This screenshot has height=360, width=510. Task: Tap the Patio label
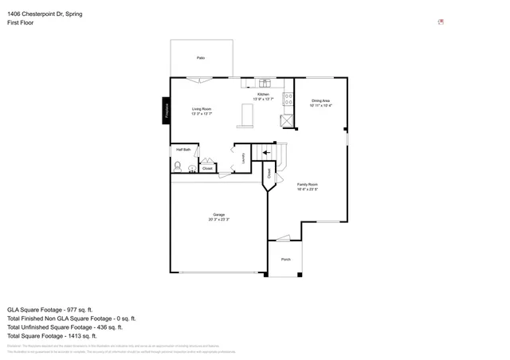tap(201, 58)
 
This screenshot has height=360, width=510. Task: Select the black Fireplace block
tap(167, 111)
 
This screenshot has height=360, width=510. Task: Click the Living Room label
tap(201, 108)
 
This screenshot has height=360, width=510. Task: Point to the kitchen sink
tap(265, 82)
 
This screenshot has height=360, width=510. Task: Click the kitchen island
tap(245, 116)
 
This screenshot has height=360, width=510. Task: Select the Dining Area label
tap(321, 100)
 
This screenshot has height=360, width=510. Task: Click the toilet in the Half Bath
tap(177, 166)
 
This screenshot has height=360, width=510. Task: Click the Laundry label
tap(243, 158)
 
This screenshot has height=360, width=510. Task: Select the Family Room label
tap(308, 184)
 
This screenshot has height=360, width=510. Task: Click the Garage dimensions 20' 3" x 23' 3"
tap(218, 219)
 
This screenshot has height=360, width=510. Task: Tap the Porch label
tap(285, 260)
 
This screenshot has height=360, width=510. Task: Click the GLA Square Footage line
tap(50, 309)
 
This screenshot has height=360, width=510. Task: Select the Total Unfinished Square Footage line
tap(65, 327)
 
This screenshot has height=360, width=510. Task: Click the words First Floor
tap(20, 24)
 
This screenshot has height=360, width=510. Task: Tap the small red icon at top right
tap(441, 22)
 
